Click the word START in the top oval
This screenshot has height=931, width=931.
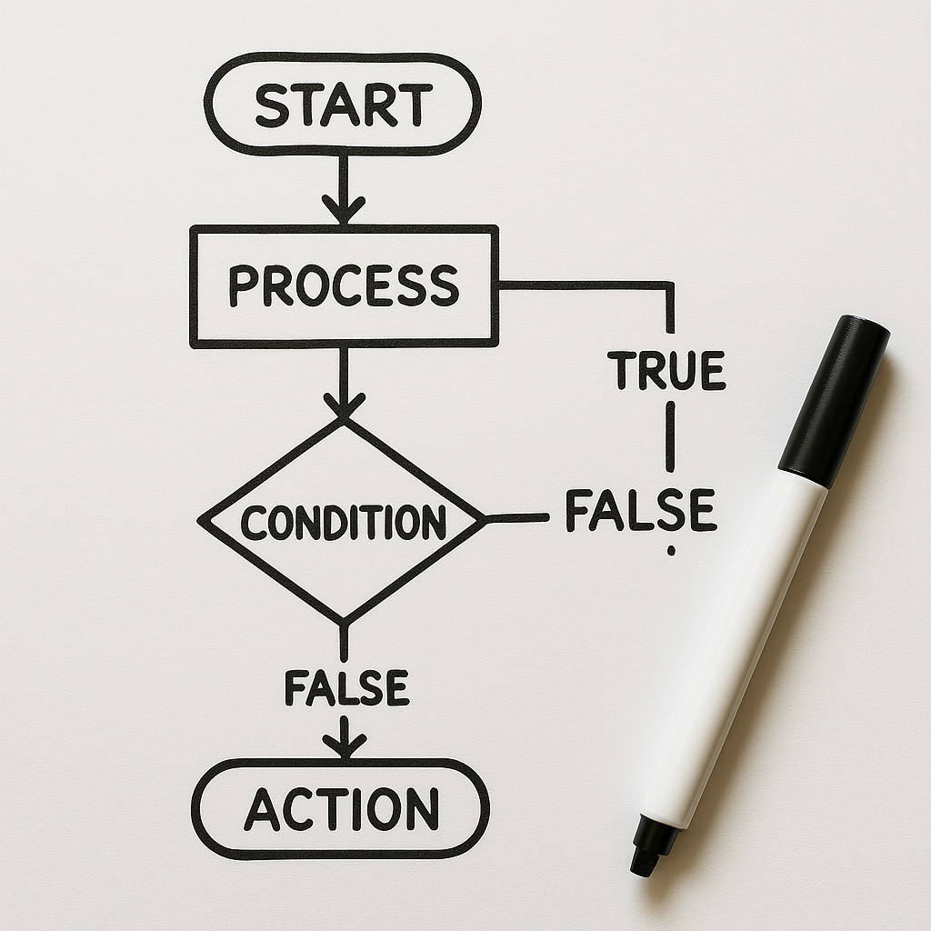tap(343, 105)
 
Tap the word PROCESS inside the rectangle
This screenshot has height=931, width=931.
tap(344, 285)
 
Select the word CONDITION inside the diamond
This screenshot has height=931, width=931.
tap(344, 522)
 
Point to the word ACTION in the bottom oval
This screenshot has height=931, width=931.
tap(341, 808)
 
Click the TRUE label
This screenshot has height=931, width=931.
tap(666, 370)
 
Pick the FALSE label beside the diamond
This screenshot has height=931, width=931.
tap(640, 510)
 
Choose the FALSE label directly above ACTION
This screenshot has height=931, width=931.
tap(346, 687)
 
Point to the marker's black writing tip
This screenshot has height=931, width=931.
tap(646, 860)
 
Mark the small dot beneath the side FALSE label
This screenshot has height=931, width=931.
tap(671, 550)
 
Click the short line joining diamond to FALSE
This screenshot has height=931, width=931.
tap(516, 519)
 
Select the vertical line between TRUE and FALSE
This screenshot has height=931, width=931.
tap(670, 436)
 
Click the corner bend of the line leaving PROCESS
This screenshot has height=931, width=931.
tap(671, 285)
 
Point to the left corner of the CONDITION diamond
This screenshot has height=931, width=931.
tap(202, 521)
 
